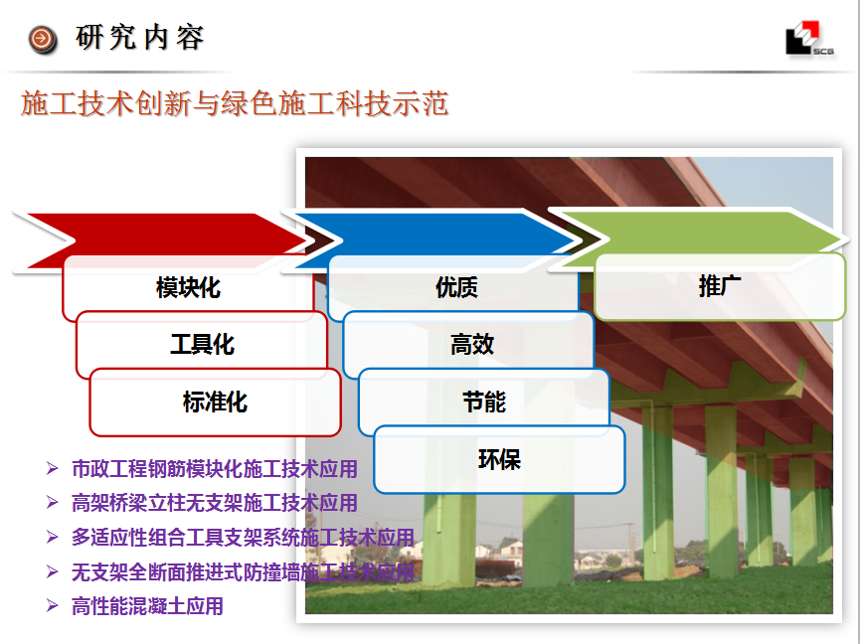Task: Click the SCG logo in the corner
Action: click(809, 39)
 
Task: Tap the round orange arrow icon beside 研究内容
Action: click(43, 40)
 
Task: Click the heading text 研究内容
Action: click(140, 38)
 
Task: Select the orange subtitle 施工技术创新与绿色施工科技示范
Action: click(235, 103)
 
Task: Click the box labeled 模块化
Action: click(188, 288)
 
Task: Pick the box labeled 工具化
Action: click(202, 345)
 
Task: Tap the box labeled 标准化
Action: click(215, 402)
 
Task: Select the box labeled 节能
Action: click(484, 402)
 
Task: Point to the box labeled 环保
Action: click(499, 460)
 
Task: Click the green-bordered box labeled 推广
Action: click(720, 286)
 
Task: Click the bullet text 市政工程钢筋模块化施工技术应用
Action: click(215, 469)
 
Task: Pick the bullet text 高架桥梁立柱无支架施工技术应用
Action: click(215, 503)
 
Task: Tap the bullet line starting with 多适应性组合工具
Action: click(243, 538)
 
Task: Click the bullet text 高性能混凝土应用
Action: click(147, 606)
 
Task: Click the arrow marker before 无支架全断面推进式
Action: click(52, 572)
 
